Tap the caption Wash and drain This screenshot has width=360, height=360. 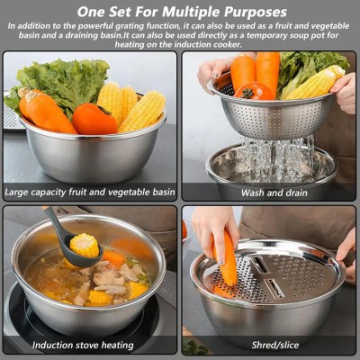[x=269, y=193]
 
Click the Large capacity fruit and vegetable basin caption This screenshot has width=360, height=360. [x=90, y=193]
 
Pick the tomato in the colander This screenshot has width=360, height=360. [x=254, y=91]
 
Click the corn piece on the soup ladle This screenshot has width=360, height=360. [x=85, y=244]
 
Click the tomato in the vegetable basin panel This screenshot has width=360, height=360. [x=94, y=118]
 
